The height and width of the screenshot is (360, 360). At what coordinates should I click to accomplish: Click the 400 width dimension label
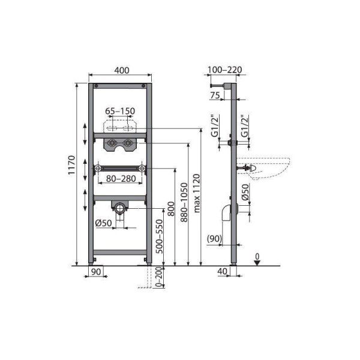(122, 70)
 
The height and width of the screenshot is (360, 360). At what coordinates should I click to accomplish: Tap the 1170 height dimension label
(71, 165)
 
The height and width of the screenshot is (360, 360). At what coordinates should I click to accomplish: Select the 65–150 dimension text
(120, 111)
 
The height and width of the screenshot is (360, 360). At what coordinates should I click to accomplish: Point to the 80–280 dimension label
(121, 178)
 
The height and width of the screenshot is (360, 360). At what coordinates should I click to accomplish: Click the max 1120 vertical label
(197, 193)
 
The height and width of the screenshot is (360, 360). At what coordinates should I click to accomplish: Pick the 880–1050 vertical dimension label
(184, 202)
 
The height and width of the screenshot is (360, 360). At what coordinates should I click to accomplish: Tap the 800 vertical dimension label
(171, 209)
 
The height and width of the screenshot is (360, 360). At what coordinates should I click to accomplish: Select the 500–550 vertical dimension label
(159, 236)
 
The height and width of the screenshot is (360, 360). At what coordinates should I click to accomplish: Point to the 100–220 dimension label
(225, 70)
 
